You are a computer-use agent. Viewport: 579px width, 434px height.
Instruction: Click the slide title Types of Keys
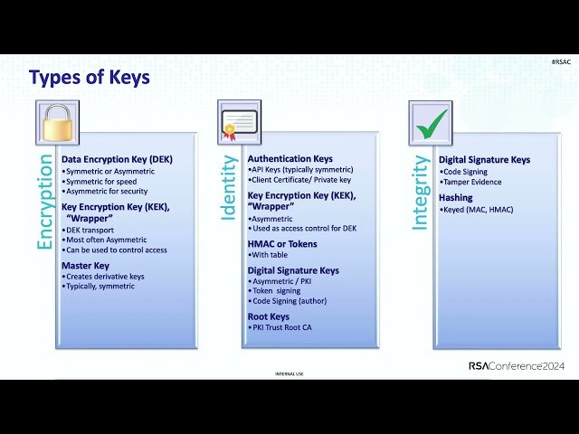(x=90, y=78)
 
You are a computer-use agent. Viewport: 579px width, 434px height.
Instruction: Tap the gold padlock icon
(x=57, y=122)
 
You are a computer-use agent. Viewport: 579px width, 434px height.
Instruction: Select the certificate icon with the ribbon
(x=240, y=122)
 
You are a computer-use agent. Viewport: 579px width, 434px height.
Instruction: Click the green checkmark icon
(x=431, y=122)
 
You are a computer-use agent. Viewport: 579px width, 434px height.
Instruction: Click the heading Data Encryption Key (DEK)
(x=117, y=159)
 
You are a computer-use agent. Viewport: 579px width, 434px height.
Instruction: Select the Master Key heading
(x=85, y=265)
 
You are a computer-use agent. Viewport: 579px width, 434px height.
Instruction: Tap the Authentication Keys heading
(x=290, y=159)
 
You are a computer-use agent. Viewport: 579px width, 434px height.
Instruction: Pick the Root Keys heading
(x=269, y=316)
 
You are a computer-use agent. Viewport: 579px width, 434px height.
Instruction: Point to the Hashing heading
(x=456, y=197)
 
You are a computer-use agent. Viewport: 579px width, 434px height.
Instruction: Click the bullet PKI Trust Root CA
(x=282, y=327)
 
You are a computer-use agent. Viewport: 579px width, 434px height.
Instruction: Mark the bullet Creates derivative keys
(x=104, y=276)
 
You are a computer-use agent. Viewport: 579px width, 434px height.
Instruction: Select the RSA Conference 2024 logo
(x=516, y=366)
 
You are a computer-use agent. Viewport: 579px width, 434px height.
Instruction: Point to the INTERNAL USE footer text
(x=289, y=373)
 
